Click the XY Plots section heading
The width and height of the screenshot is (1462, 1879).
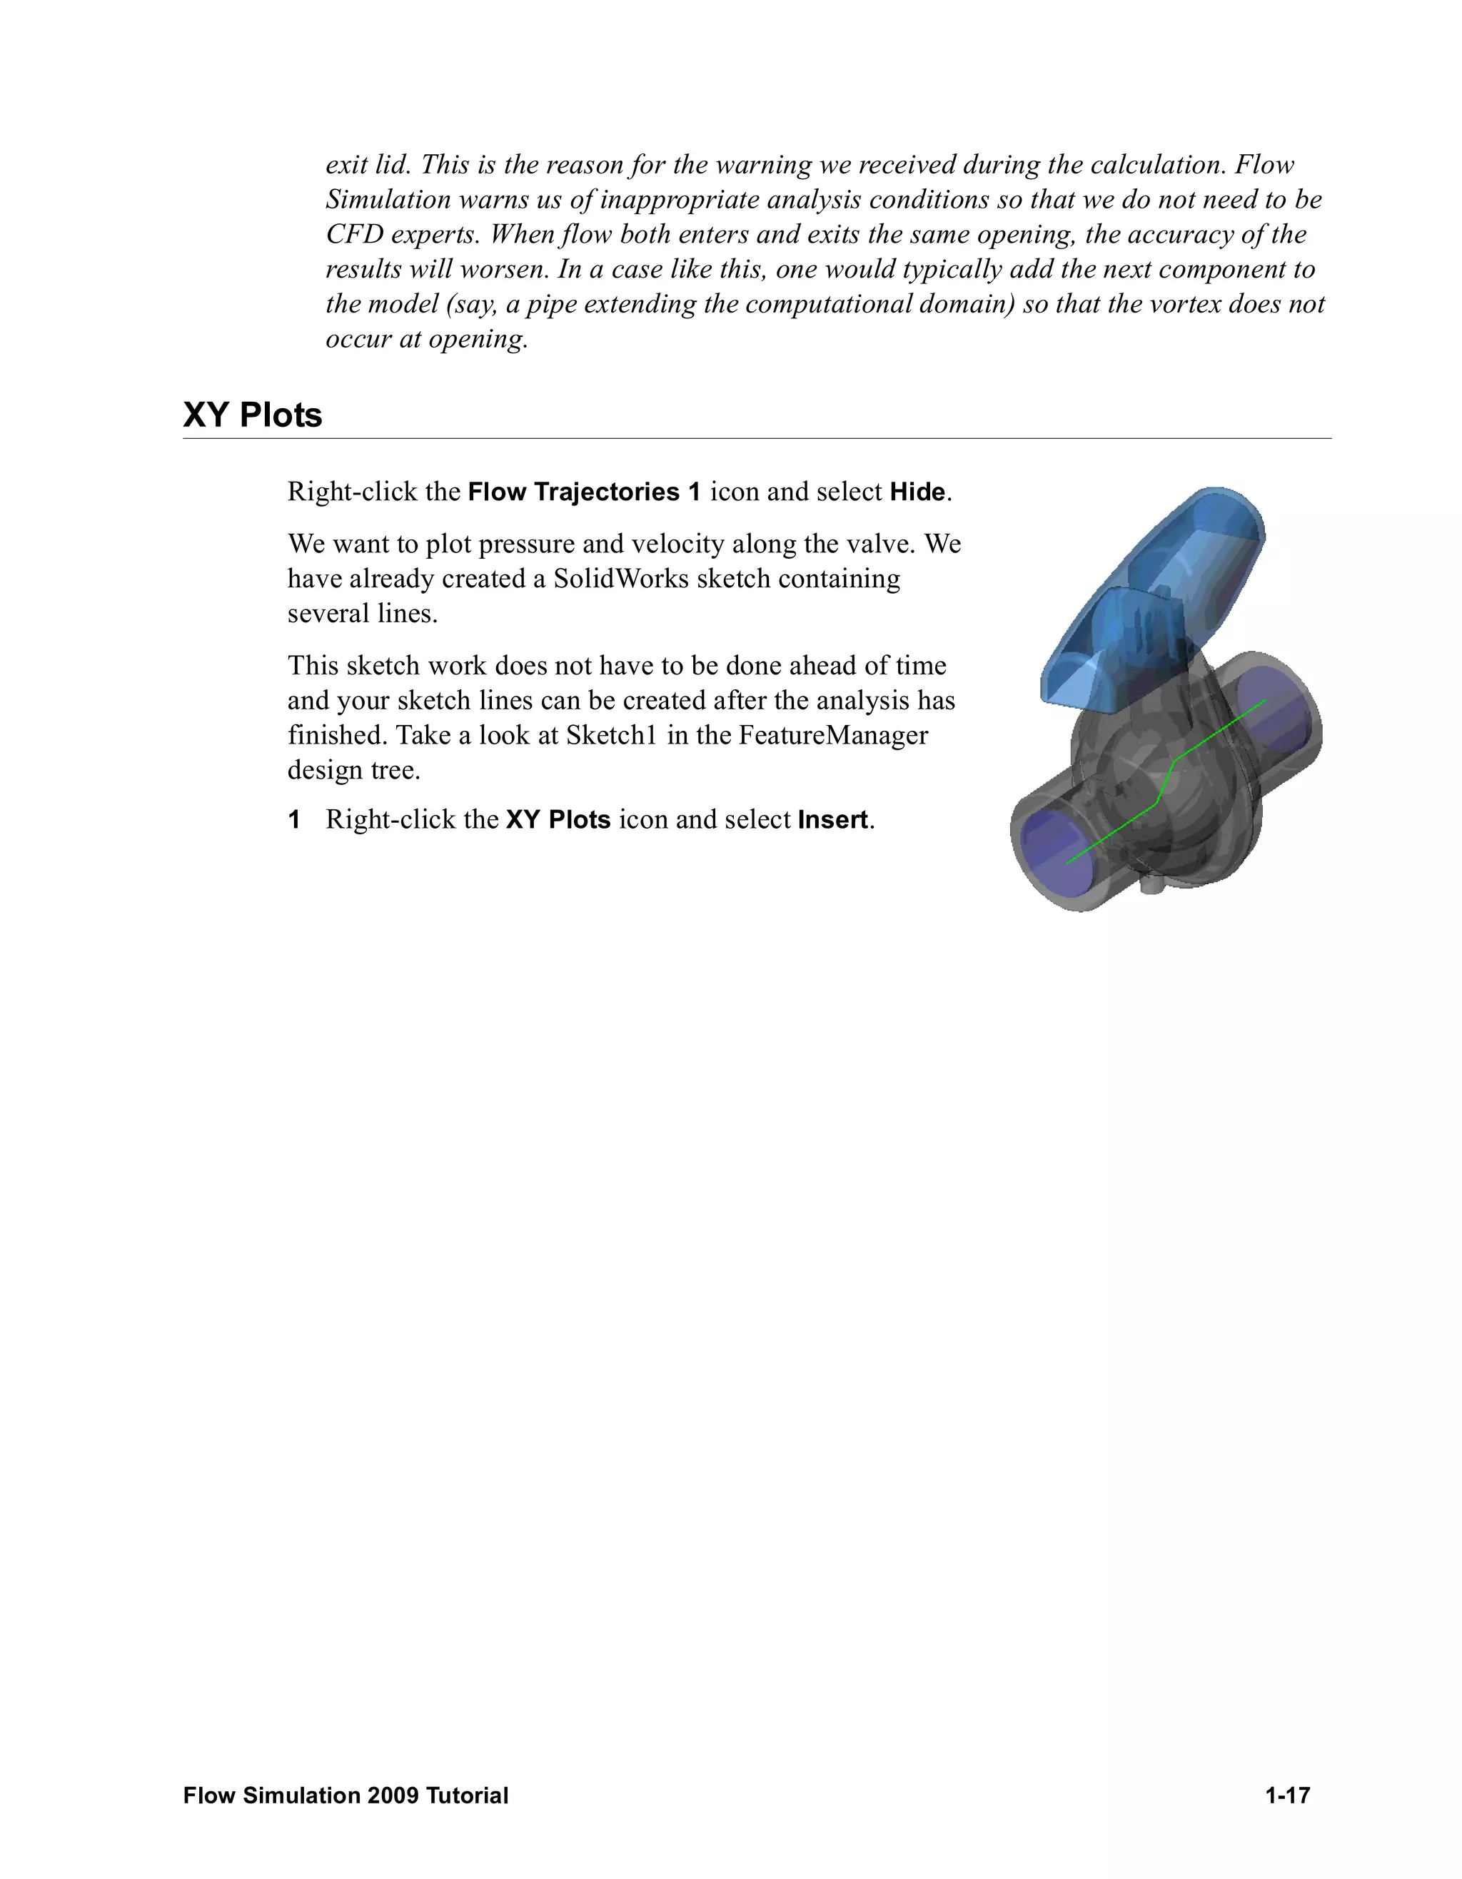point(252,415)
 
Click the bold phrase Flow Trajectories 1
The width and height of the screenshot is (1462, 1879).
point(584,492)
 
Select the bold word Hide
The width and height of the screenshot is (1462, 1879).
point(917,492)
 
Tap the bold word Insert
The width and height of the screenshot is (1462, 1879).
point(833,820)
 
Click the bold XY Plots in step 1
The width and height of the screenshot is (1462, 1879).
point(558,820)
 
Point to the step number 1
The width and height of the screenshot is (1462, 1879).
point(294,820)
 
